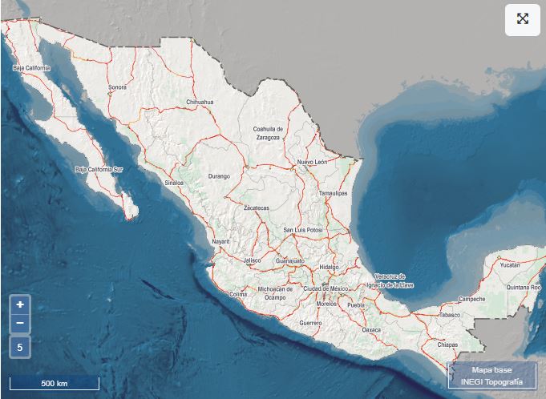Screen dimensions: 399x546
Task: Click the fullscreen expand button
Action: pos(522,20)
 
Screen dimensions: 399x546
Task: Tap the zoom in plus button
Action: pos(20,304)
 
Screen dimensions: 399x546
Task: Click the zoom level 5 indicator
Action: pos(20,348)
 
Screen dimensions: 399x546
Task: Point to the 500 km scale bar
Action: pos(55,383)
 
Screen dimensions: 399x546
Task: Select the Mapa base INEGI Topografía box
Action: pos(491,376)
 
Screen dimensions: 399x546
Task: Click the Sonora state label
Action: pos(118,87)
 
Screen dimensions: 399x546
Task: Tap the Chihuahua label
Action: pos(200,103)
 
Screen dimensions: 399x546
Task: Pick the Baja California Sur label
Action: pos(99,170)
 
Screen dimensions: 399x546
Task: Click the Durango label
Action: pos(219,176)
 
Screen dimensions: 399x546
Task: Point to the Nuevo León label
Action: pos(312,162)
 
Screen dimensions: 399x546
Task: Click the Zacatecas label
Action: pos(257,208)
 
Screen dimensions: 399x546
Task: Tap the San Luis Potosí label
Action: pos(303,231)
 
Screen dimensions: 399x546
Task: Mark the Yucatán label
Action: pos(509,264)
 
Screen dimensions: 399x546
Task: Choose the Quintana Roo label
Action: pos(524,287)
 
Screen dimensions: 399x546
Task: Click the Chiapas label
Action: pos(447,345)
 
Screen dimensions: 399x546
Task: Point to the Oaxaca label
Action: pos(371,329)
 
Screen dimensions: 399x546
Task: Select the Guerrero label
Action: pos(310,323)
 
